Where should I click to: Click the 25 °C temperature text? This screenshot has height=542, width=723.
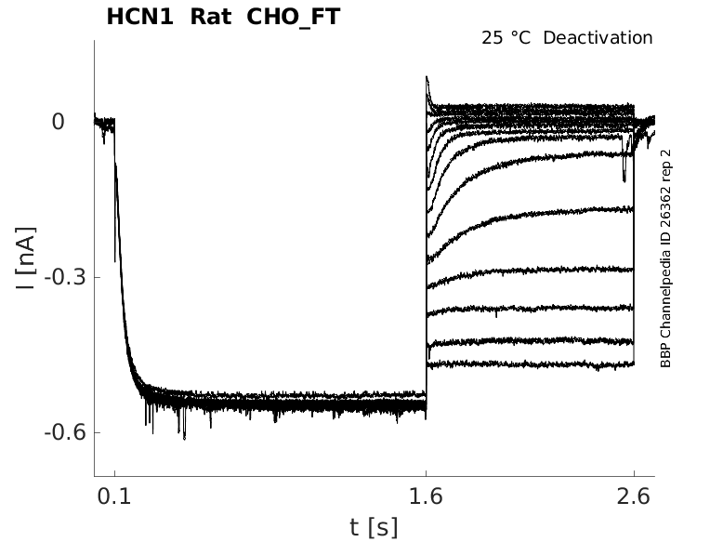tap(507, 38)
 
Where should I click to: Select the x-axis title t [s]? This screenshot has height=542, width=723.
tap(374, 527)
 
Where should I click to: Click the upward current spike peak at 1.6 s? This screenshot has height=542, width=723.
tap(427, 78)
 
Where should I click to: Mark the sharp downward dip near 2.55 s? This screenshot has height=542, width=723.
tap(624, 179)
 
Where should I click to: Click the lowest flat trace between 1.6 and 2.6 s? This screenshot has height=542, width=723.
tap(530, 365)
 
